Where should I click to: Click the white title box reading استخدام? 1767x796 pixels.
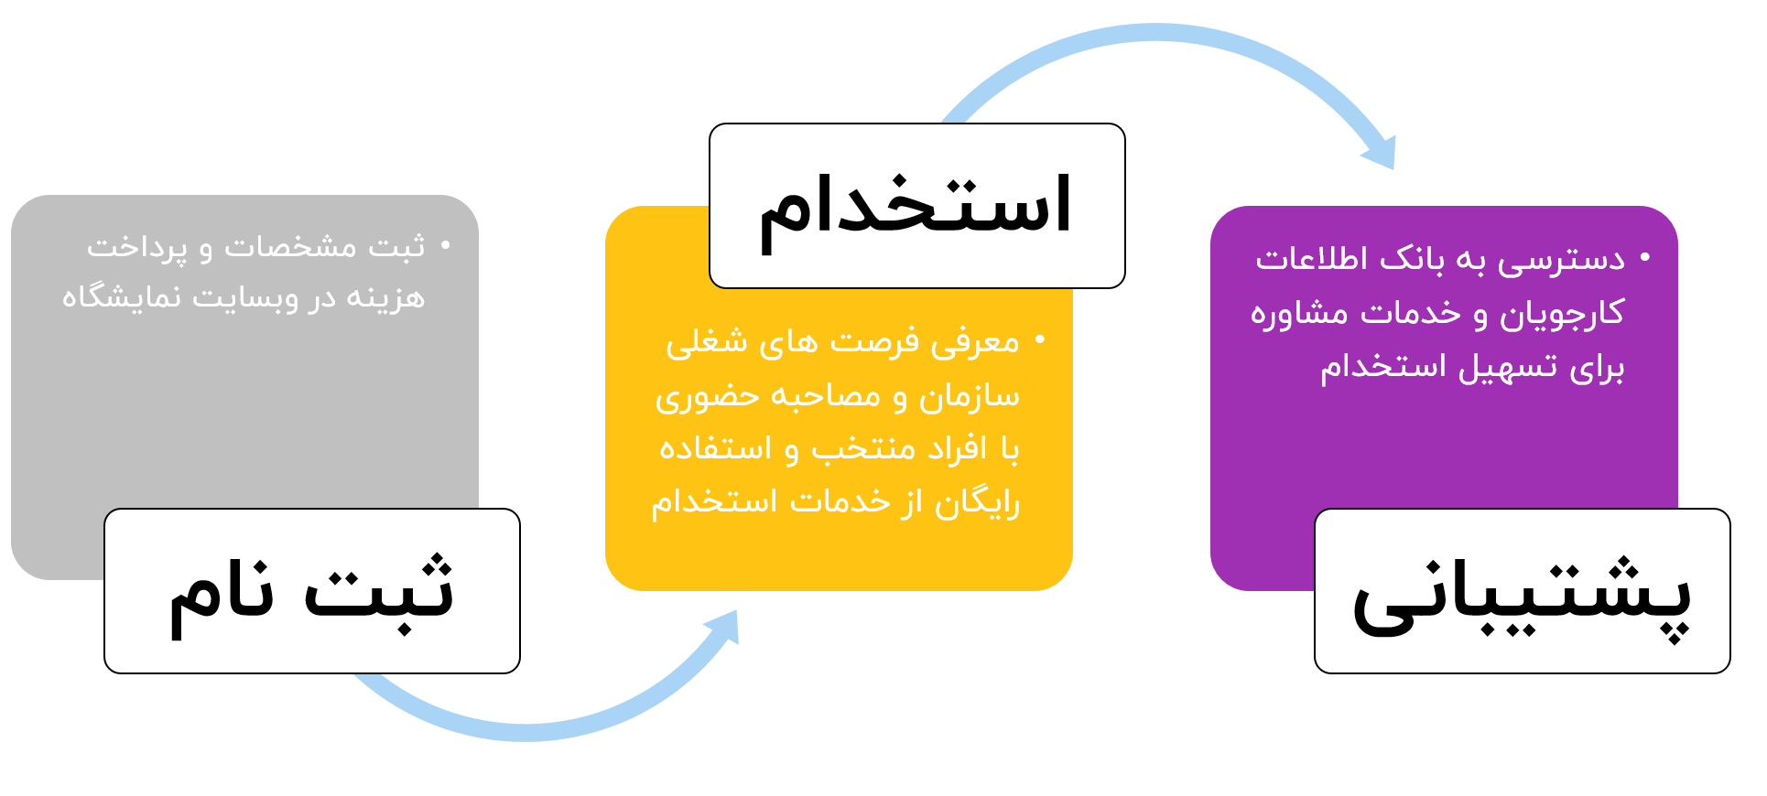point(916,206)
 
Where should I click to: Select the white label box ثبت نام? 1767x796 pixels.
point(312,591)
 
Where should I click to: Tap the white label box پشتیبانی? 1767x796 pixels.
point(1522,591)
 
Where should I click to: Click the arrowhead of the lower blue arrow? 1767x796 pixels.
point(724,627)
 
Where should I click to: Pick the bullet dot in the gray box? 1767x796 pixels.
point(446,245)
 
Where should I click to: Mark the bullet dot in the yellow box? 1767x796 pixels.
point(1040,340)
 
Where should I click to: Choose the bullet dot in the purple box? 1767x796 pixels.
point(1645,258)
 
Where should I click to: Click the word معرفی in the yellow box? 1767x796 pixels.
point(975,342)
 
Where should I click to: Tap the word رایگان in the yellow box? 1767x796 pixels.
point(977,502)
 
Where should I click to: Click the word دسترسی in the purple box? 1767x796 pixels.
point(1561,260)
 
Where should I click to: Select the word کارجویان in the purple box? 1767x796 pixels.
point(1562,313)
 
